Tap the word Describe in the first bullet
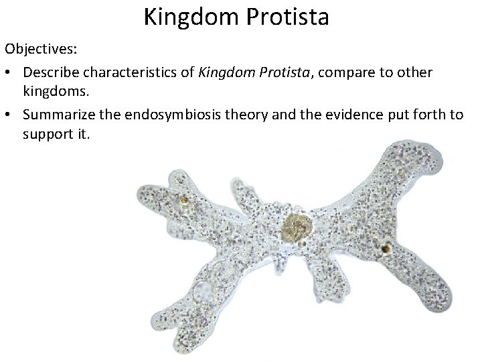coord(50,72)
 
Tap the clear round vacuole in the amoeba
coord(203,292)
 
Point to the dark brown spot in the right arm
coord(386,249)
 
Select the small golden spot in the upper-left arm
coord(183,199)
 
